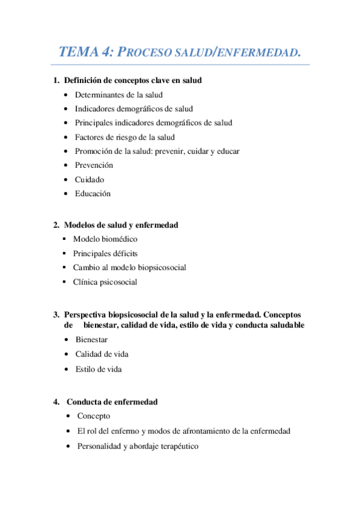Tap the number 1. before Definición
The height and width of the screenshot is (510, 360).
[56, 80]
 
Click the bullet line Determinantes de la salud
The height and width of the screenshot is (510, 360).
[118, 94]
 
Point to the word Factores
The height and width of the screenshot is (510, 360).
[90, 137]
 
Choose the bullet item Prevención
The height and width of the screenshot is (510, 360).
[94, 165]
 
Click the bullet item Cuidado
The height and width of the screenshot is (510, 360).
[90, 179]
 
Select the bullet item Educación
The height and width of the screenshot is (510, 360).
[93, 194]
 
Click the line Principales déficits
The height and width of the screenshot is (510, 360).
[105, 253]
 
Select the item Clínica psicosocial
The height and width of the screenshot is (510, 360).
[105, 281]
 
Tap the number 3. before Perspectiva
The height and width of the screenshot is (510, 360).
[56, 315]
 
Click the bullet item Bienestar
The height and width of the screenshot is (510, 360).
[91, 340]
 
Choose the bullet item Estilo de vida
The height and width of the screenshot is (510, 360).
[98, 369]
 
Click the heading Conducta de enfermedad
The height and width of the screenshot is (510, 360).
[112, 402]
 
